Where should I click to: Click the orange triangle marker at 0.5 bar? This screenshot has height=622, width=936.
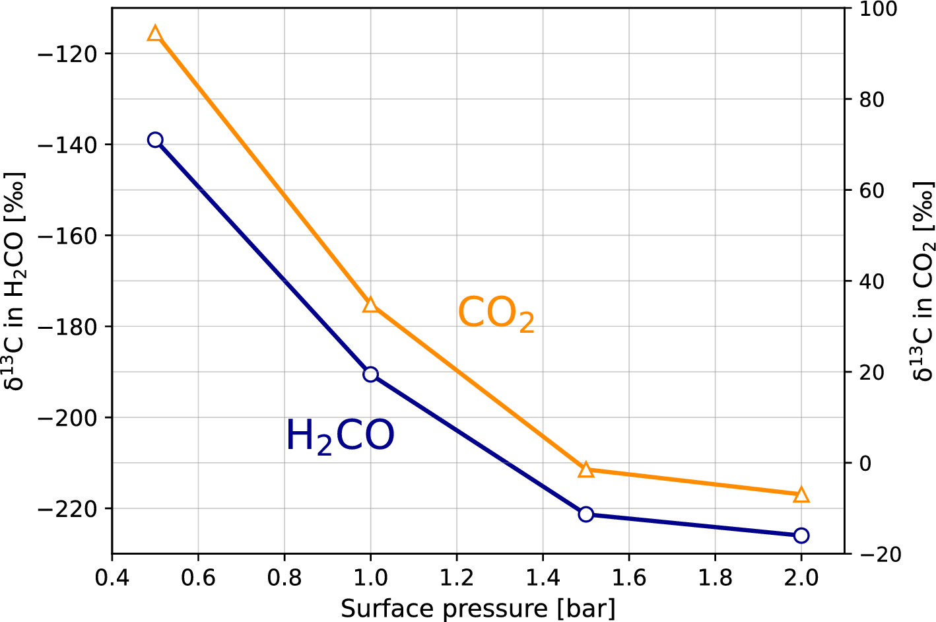pos(155,34)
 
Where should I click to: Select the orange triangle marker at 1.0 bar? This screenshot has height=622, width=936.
pos(370,304)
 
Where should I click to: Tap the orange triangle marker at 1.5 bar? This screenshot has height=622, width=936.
pos(585,469)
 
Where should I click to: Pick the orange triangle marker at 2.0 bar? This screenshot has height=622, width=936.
pos(801,495)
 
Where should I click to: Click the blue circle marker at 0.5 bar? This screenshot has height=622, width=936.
pos(155,140)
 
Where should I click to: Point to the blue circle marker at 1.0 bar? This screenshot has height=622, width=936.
pos(370,374)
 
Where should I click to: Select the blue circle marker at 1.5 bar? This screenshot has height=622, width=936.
pos(585,514)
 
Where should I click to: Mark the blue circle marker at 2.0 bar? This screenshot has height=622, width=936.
pos(801,536)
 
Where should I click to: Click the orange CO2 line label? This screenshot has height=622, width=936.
pos(496,313)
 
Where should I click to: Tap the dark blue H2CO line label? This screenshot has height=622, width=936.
pos(340,436)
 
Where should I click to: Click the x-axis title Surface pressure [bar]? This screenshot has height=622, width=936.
pos(478,608)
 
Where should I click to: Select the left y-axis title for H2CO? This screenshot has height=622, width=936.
pos(15,281)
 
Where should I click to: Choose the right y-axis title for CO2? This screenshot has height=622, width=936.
pos(923,281)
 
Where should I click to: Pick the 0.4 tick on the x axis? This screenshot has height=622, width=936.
pos(112,578)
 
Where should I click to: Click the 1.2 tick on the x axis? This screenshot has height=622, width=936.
pos(457,578)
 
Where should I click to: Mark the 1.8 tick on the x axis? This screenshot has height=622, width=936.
pos(715,578)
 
